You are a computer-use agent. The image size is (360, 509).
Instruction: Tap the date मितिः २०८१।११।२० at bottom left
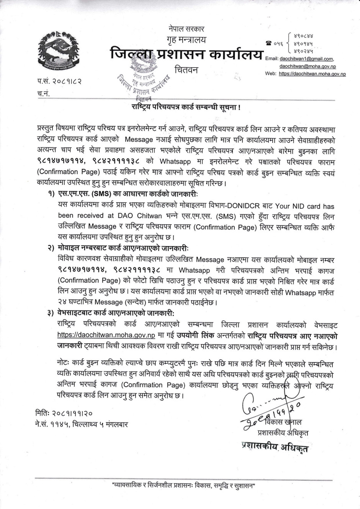63,413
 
